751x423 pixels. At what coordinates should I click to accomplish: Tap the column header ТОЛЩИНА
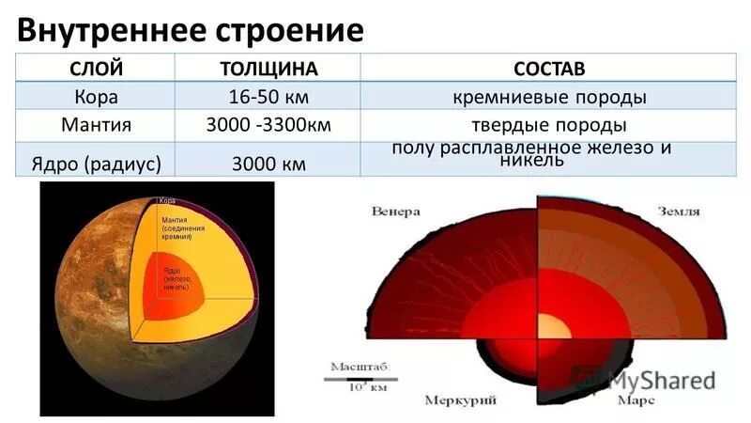click(268, 70)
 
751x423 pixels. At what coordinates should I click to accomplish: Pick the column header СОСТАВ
click(549, 70)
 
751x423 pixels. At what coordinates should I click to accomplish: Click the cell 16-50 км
click(268, 97)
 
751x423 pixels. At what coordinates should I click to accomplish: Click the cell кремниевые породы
click(549, 97)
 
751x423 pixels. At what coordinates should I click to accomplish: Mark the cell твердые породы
click(549, 125)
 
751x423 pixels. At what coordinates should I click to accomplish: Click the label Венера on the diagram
click(394, 210)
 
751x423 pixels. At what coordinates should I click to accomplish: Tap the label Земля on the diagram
click(678, 211)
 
